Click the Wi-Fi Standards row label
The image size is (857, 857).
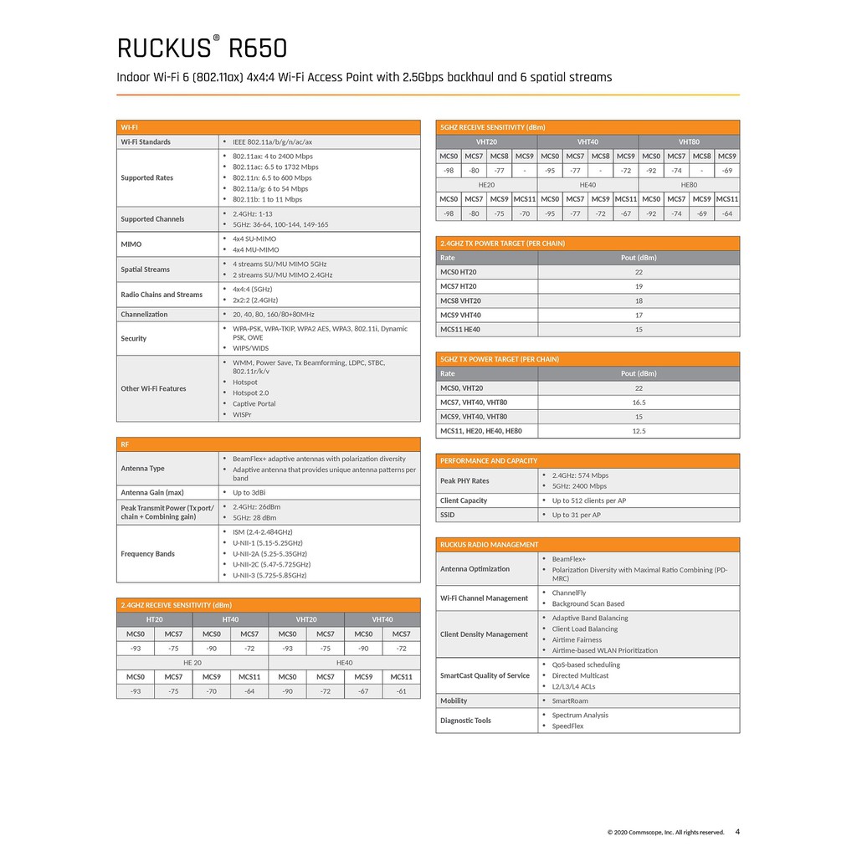pyautogui.click(x=146, y=142)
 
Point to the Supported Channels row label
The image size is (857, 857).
pyautogui.click(x=152, y=219)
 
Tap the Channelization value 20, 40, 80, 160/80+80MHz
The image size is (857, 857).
pyautogui.click(x=274, y=315)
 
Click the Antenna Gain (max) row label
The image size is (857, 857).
pyautogui.click(x=152, y=493)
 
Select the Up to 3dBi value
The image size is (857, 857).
pyautogui.click(x=249, y=493)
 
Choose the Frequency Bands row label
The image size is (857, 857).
pyautogui.click(x=148, y=554)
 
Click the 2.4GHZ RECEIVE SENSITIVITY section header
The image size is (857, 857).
pyautogui.click(x=176, y=605)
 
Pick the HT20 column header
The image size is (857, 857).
pyautogui.click(x=155, y=620)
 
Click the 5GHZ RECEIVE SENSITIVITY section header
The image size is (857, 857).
pyautogui.click(x=493, y=127)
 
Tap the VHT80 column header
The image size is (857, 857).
pyautogui.click(x=689, y=142)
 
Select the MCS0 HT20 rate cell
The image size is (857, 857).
pyautogui.click(x=459, y=272)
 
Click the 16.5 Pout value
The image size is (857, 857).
pyautogui.click(x=639, y=403)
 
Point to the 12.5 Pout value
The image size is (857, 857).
pyautogui.click(x=639, y=432)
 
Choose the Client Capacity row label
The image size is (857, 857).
pyautogui.click(x=464, y=500)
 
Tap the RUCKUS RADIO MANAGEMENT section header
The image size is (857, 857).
pyautogui.click(x=490, y=545)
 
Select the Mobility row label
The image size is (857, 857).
pyautogui.click(x=454, y=701)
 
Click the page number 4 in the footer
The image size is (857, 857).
pyautogui.click(x=737, y=832)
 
